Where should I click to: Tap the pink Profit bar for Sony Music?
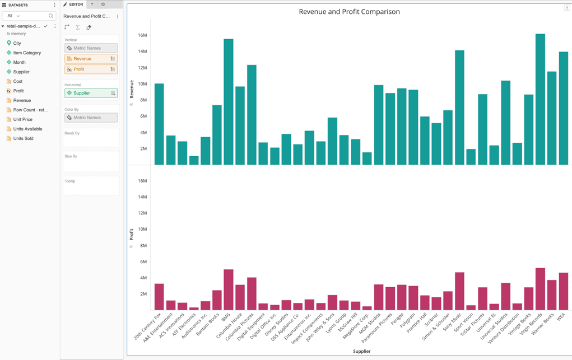(x=459, y=291)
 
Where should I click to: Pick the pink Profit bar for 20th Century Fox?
(x=159, y=297)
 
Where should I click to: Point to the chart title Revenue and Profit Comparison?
(x=349, y=12)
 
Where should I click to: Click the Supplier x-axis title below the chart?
(x=361, y=351)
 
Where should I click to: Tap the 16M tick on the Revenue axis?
(x=142, y=35)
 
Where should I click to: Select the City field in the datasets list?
(x=17, y=43)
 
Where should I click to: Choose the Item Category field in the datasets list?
(x=27, y=53)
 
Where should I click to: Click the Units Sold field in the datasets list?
(x=23, y=138)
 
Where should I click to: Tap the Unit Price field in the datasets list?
(x=23, y=119)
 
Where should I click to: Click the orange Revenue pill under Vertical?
(x=90, y=59)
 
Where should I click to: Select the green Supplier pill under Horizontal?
(x=90, y=93)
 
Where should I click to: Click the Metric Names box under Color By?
(x=90, y=118)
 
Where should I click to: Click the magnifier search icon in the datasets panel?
(x=51, y=16)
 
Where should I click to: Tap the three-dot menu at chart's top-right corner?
(x=567, y=8)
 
